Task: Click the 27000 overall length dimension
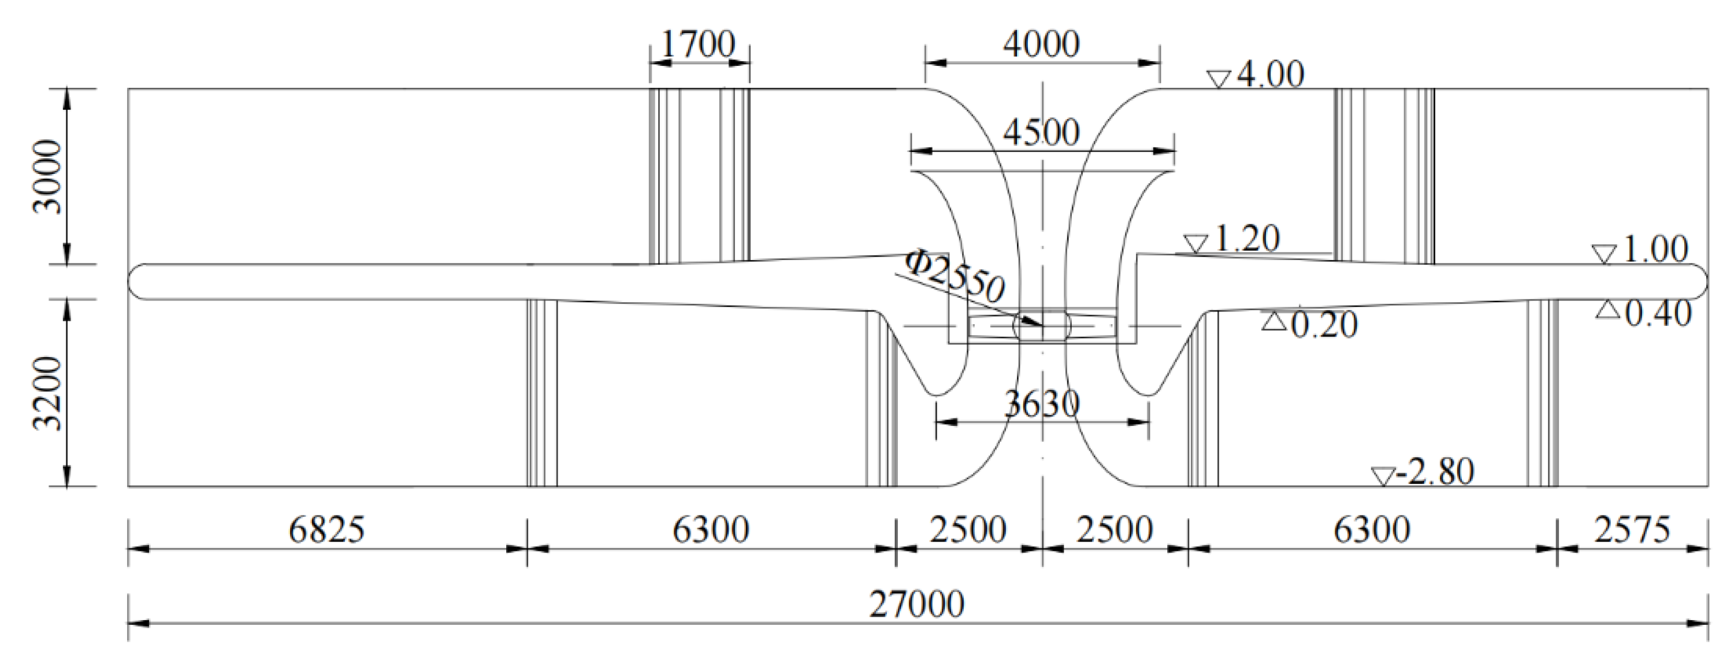tap(916, 604)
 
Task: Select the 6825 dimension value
tap(326, 529)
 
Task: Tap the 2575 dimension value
tap(1632, 529)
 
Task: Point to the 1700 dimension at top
tap(698, 45)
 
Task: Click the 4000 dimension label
tap(1041, 45)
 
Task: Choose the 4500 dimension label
tap(1041, 132)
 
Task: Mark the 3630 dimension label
tap(1041, 405)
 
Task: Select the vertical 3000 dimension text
tap(47, 176)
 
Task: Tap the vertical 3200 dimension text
tap(47, 393)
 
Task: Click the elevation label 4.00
tap(1270, 75)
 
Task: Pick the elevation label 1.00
tap(1655, 250)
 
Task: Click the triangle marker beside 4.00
tap(1219, 79)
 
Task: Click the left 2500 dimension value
tap(968, 529)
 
